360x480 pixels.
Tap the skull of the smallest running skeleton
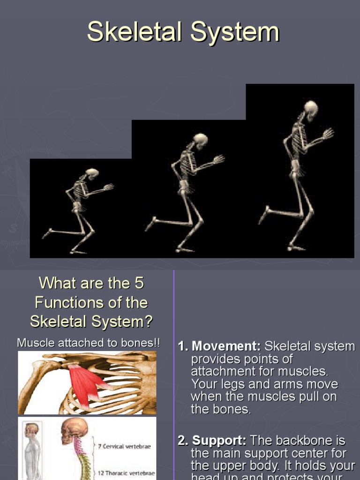[x=92, y=173]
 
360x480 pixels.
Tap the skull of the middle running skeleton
[x=200, y=140]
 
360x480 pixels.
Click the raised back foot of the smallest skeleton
[x=47, y=233]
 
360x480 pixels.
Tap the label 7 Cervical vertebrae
[x=124, y=446]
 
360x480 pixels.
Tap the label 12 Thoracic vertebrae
[x=126, y=472]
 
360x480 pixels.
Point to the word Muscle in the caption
[x=33, y=343]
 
